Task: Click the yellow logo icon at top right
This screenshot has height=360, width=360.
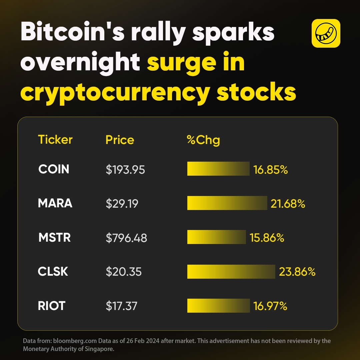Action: (x=326, y=33)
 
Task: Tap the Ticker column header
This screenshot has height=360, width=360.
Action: (x=55, y=140)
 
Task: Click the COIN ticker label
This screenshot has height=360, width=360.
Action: (x=54, y=169)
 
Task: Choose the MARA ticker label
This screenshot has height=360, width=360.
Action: (x=55, y=203)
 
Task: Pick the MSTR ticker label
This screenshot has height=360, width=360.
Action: (x=54, y=238)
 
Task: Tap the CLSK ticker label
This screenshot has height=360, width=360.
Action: (x=53, y=272)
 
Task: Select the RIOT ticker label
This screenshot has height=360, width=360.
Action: (x=51, y=306)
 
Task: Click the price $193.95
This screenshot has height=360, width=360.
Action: (x=125, y=170)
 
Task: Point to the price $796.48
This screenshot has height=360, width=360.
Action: (x=126, y=238)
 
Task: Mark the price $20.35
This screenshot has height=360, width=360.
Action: (x=124, y=272)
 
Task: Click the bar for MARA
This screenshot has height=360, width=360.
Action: (x=227, y=203)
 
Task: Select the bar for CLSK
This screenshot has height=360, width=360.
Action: (x=231, y=272)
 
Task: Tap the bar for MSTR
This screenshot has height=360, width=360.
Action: (x=216, y=237)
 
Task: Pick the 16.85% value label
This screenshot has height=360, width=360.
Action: (x=270, y=170)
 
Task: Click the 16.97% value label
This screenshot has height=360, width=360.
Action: (x=270, y=306)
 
